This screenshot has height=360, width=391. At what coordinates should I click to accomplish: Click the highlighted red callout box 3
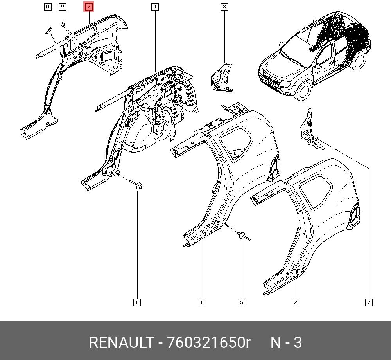[x=89, y=7]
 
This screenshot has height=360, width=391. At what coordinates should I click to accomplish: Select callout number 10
[x=48, y=7]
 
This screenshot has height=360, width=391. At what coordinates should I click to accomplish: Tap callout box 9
[x=62, y=7]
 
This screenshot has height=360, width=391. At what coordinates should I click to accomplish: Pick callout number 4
[x=155, y=7]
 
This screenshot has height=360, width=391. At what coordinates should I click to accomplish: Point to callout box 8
[x=224, y=7]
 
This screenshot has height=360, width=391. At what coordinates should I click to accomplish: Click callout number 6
[x=137, y=302]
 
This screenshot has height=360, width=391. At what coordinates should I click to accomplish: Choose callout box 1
[x=201, y=302]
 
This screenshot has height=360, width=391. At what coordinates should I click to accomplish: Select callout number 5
[x=241, y=302]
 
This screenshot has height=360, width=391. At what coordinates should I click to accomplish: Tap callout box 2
[x=295, y=302]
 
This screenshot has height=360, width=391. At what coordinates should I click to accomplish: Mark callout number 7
[x=369, y=302]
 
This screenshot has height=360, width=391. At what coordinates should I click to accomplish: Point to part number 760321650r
[x=208, y=342]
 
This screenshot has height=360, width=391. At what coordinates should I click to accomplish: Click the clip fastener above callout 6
[x=136, y=185]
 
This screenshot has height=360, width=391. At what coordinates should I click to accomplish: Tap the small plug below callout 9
[x=63, y=24]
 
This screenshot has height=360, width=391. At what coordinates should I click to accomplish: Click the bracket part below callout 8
[x=222, y=77]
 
